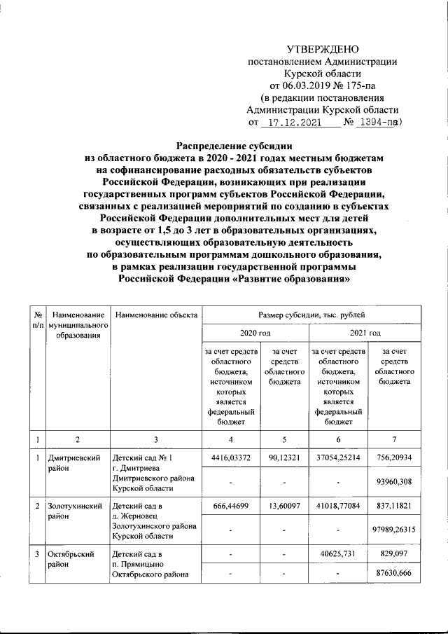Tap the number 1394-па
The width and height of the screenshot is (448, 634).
coord(377,122)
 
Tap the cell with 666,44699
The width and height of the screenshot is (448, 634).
coord(230,504)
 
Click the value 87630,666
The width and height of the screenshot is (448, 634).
coord(396,575)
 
